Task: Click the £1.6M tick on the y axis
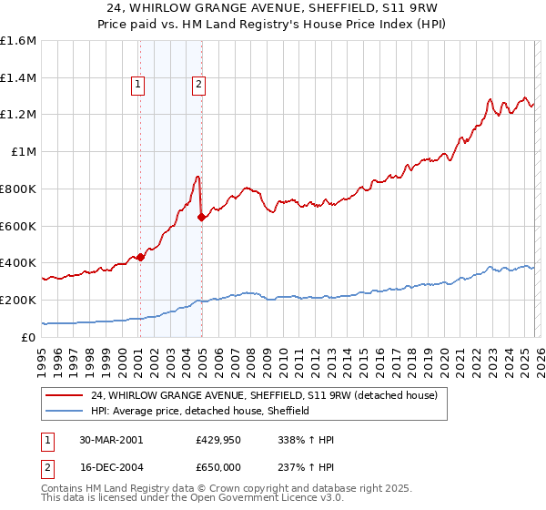(x=18, y=41)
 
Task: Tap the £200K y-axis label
(x=18, y=300)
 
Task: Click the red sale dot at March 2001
(x=141, y=257)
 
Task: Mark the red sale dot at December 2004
(x=201, y=217)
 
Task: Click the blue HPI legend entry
(x=200, y=411)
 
